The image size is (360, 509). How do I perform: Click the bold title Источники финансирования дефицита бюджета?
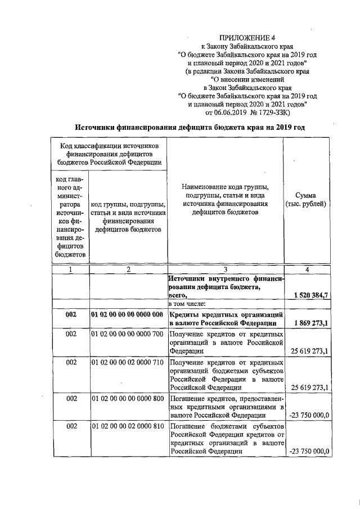coord(191,128)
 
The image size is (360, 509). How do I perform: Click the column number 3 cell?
coord(225,269)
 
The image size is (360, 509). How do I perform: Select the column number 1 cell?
coord(70,269)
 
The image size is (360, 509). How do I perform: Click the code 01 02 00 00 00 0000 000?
coord(128,314)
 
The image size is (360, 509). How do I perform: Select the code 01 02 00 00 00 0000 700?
coord(128,335)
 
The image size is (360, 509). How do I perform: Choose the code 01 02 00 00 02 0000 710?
coord(128,363)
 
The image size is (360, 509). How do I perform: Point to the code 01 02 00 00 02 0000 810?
coord(128,427)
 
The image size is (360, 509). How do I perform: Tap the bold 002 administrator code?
coord(70,314)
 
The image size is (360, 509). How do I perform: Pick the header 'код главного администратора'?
coord(70,216)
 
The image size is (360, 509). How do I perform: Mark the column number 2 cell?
coord(128,269)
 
